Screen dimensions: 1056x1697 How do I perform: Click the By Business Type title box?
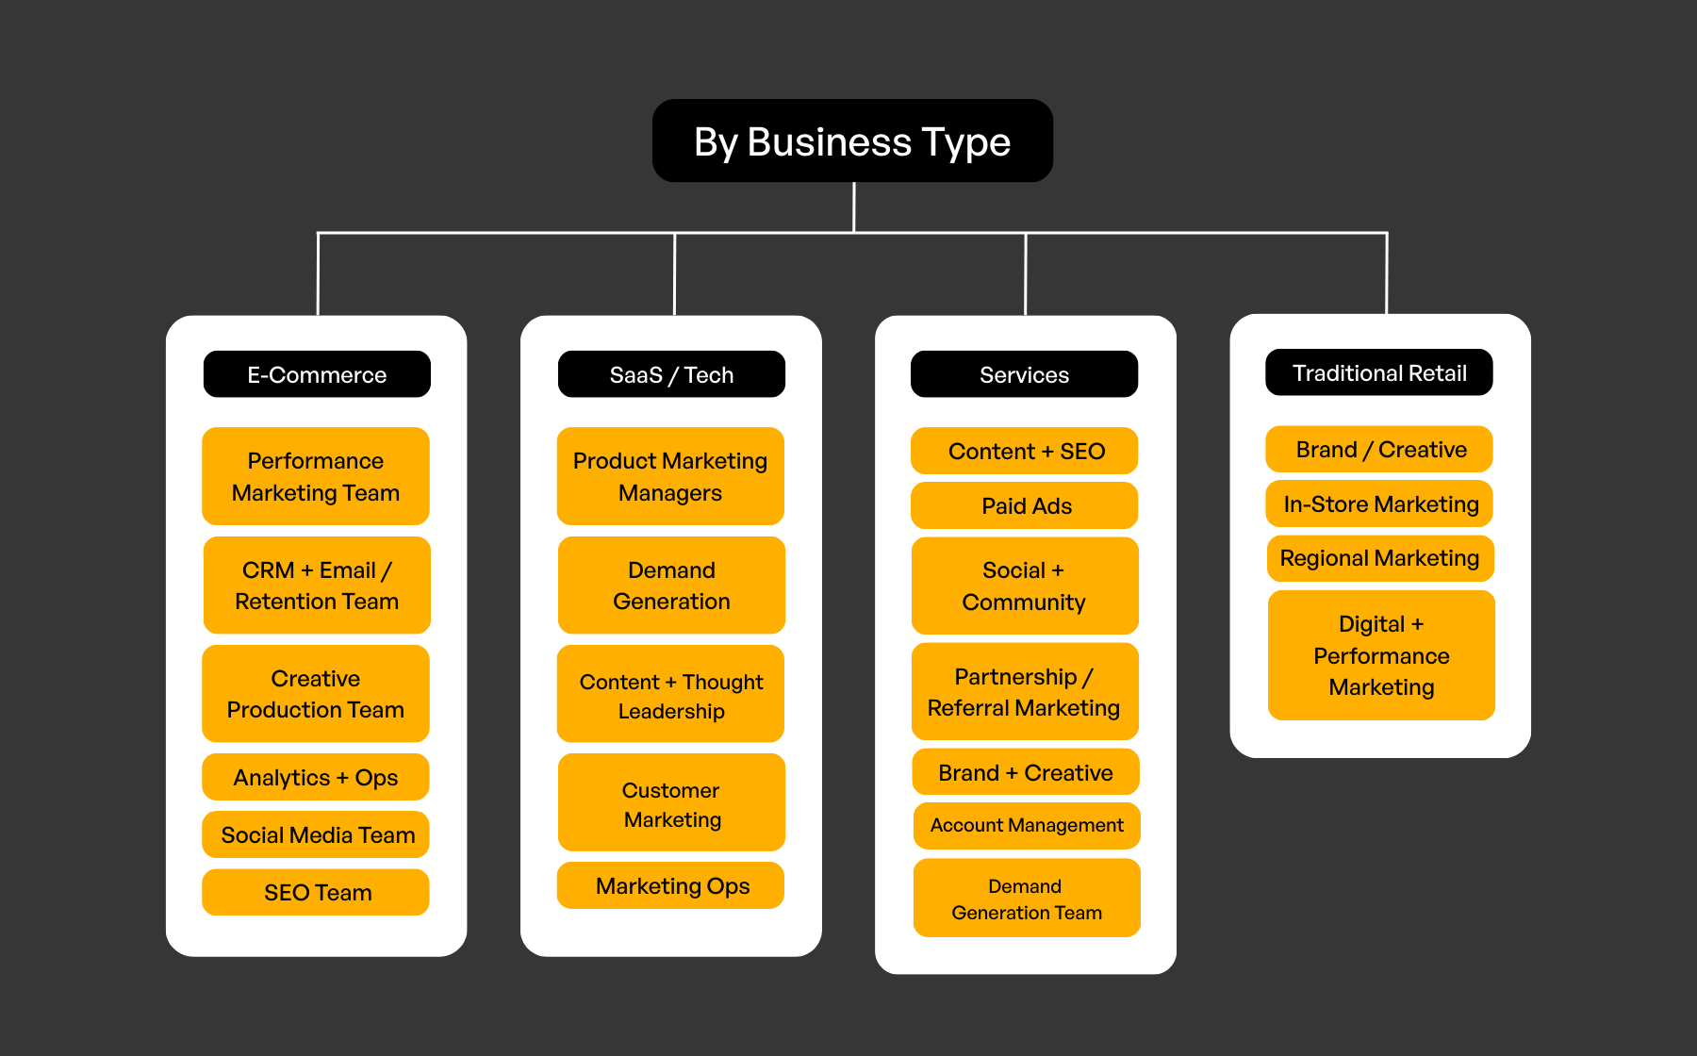(x=852, y=141)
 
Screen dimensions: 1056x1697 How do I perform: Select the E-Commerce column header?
(x=317, y=374)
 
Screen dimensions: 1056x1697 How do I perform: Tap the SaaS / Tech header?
(x=671, y=374)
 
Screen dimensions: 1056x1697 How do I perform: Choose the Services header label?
(x=1024, y=374)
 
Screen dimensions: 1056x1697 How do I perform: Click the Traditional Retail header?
(x=1378, y=372)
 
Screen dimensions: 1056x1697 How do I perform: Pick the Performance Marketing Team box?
(x=316, y=476)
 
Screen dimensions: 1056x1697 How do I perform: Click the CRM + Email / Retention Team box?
(x=317, y=586)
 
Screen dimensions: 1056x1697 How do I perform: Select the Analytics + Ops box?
(x=316, y=777)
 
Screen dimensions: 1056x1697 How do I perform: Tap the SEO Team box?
(x=316, y=892)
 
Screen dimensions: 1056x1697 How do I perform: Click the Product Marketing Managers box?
(x=670, y=476)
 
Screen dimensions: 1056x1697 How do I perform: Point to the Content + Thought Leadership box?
(x=670, y=695)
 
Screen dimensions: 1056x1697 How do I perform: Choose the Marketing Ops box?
(x=670, y=885)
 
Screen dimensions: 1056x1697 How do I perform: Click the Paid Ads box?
(x=1025, y=505)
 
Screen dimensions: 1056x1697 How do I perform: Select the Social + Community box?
(x=1025, y=586)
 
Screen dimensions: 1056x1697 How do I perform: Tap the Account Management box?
(x=1027, y=825)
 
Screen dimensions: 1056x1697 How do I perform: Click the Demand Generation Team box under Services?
(x=1027, y=899)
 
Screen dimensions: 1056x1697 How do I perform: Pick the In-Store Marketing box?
(x=1379, y=503)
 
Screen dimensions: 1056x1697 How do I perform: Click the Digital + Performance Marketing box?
(x=1381, y=655)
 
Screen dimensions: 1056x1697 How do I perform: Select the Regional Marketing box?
(x=1380, y=558)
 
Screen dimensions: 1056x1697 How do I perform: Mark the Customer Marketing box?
(x=671, y=803)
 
